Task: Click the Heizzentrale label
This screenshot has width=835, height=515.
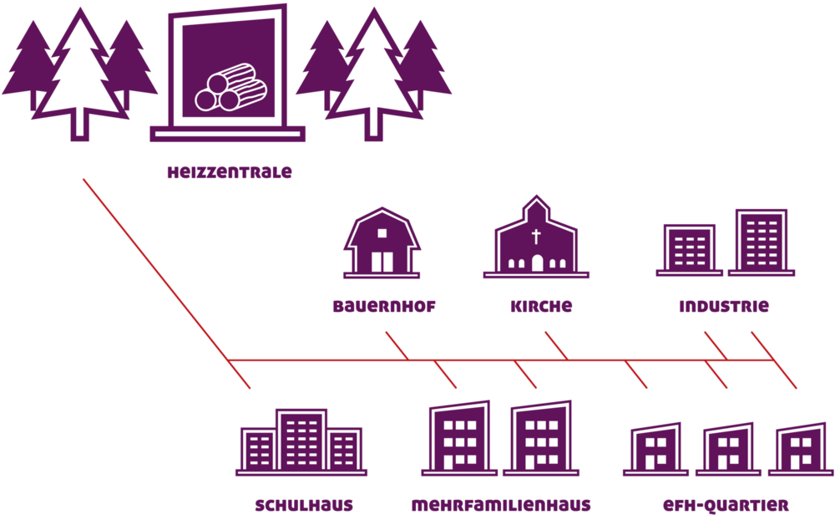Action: pyautogui.click(x=230, y=172)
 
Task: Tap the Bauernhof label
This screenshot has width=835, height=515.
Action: pyautogui.click(x=384, y=307)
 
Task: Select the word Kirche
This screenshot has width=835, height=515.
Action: pyautogui.click(x=541, y=307)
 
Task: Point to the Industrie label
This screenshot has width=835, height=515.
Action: pyautogui.click(x=724, y=307)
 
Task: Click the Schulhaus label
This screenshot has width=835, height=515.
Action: pyautogui.click(x=304, y=505)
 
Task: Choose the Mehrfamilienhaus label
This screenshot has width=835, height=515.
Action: pyautogui.click(x=501, y=505)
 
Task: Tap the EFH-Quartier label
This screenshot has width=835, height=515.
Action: pyautogui.click(x=726, y=505)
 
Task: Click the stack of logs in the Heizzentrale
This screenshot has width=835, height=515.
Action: pyautogui.click(x=230, y=88)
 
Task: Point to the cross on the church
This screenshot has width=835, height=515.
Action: pyautogui.click(x=536, y=236)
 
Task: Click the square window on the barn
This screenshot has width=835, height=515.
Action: pyautogui.click(x=382, y=233)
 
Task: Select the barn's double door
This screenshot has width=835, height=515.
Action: pyautogui.click(x=382, y=262)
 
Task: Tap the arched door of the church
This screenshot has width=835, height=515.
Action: pyautogui.click(x=537, y=263)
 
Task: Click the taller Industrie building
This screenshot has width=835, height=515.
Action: pyautogui.click(x=762, y=242)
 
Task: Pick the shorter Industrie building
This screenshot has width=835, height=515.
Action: pyautogui.click(x=690, y=250)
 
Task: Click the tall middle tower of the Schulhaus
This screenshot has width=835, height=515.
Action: pyautogui.click(x=301, y=441)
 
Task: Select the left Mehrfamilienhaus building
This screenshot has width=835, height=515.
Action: pyautogui.click(x=459, y=438)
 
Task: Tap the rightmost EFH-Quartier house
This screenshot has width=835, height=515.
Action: pyautogui.click(x=801, y=449)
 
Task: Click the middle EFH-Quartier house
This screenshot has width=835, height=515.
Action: pyautogui.click(x=728, y=449)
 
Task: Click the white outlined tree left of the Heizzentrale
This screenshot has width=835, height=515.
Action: pyautogui.click(x=80, y=74)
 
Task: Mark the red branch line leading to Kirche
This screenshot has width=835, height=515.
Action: pyautogui.click(x=556, y=345)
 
